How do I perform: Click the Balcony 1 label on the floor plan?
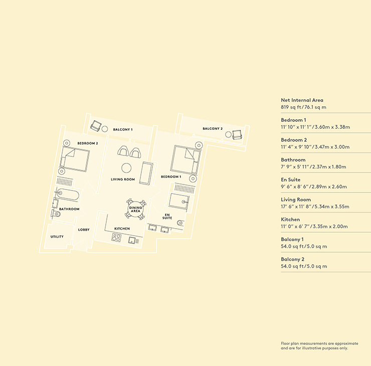click(123, 129)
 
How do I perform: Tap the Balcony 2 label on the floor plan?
click(213, 129)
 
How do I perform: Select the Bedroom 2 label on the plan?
click(88, 143)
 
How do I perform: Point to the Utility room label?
click(57, 237)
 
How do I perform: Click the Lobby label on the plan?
click(84, 230)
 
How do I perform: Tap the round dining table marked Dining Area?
click(135, 210)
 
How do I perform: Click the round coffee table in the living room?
click(126, 168)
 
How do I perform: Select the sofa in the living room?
click(146, 173)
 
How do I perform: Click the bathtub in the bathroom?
click(68, 195)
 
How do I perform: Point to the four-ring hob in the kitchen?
click(116, 237)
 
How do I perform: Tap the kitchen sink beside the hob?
click(132, 240)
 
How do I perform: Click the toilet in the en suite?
click(180, 223)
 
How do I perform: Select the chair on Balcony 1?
click(96, 126)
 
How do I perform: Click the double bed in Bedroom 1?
click(185, 160)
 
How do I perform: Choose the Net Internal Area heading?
click(302, 100)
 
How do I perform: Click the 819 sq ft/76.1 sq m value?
click(303, 107)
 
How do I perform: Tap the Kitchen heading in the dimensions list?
click(290, 219)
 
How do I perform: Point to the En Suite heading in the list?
click(291, 179)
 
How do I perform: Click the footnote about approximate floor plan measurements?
click(319, 345)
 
